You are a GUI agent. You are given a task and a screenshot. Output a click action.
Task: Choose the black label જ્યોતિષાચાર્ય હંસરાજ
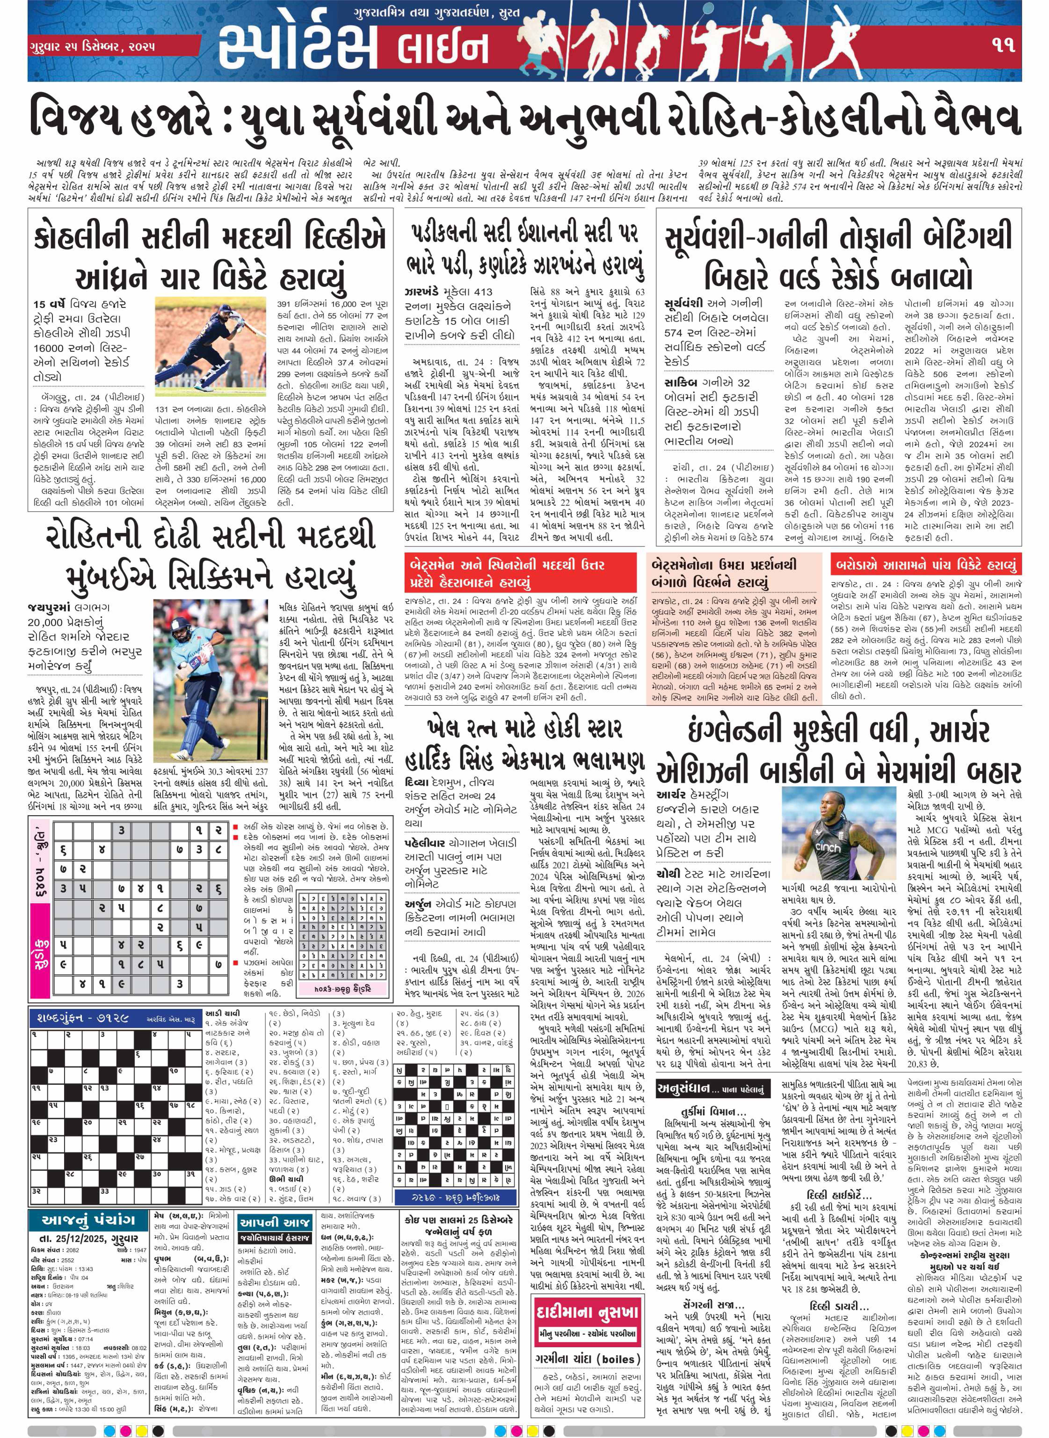[x=275, y=1239]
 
